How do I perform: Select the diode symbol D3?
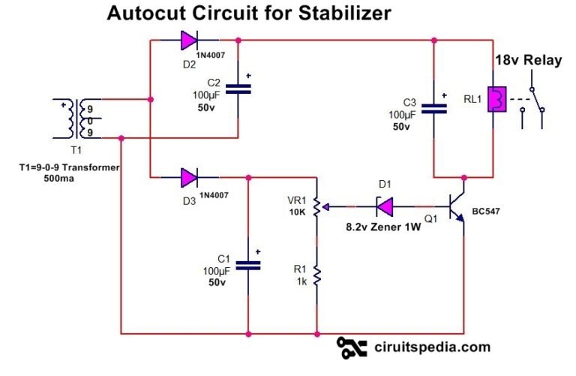[x=189, y=178]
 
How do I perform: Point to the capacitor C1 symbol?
[x=248, y=264]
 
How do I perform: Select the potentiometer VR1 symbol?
[x=318, y=205]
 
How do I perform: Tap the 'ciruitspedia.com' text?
[x=431, y=347]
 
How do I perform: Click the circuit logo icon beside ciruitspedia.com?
[x=352, y=347]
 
